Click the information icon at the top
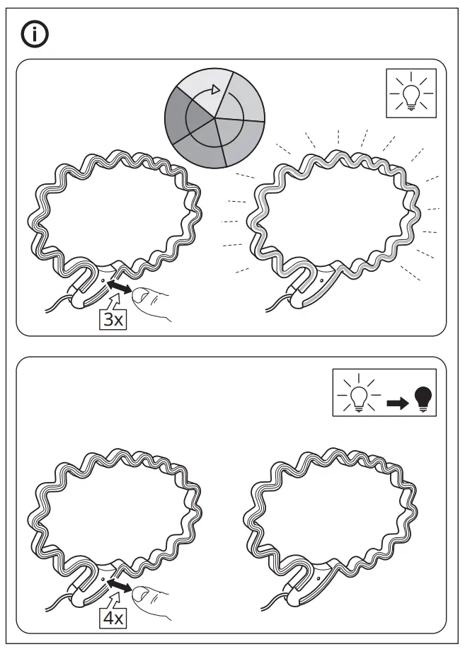click(35, 35)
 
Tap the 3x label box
click(113, 319)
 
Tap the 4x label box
click(113, 618)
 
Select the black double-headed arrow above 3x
click(119, 287)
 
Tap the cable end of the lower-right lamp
click(267, 608)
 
